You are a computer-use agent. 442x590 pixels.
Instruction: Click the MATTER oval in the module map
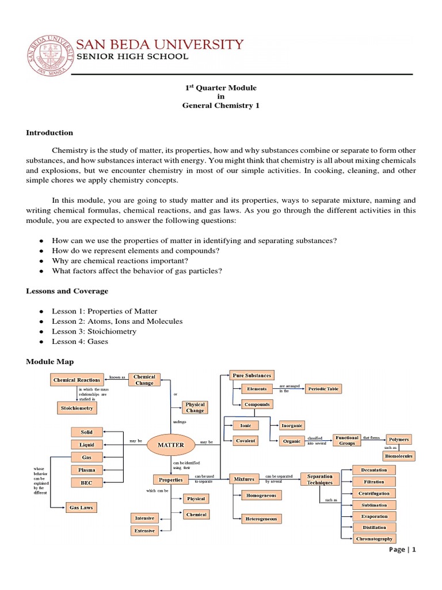tap(171, 445)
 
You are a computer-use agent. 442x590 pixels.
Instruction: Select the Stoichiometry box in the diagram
tap(77, 408)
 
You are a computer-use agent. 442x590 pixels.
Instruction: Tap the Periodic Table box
tap(323, 389)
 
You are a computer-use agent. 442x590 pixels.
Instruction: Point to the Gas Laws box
tap(81, 508)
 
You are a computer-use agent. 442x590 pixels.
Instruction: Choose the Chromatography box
tap(374, 539)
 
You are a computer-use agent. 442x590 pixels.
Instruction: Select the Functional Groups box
tap(347, 440)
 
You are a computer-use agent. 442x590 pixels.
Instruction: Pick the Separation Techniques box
tap(320, 479)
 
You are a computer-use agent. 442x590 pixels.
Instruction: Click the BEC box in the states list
tap(86, 483)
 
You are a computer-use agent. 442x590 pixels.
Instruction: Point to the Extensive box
tap(144, 530)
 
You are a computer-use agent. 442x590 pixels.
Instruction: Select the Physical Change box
tap(195, 408)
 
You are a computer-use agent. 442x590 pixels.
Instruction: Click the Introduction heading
tap(49, 133)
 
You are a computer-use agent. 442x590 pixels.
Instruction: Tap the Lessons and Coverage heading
tap(67, 291)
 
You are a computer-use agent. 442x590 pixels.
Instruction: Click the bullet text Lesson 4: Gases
tap(80, 342)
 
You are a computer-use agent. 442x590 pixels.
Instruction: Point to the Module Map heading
tap(49, 361)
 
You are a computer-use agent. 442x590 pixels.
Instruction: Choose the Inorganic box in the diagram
tap(292, 426)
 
